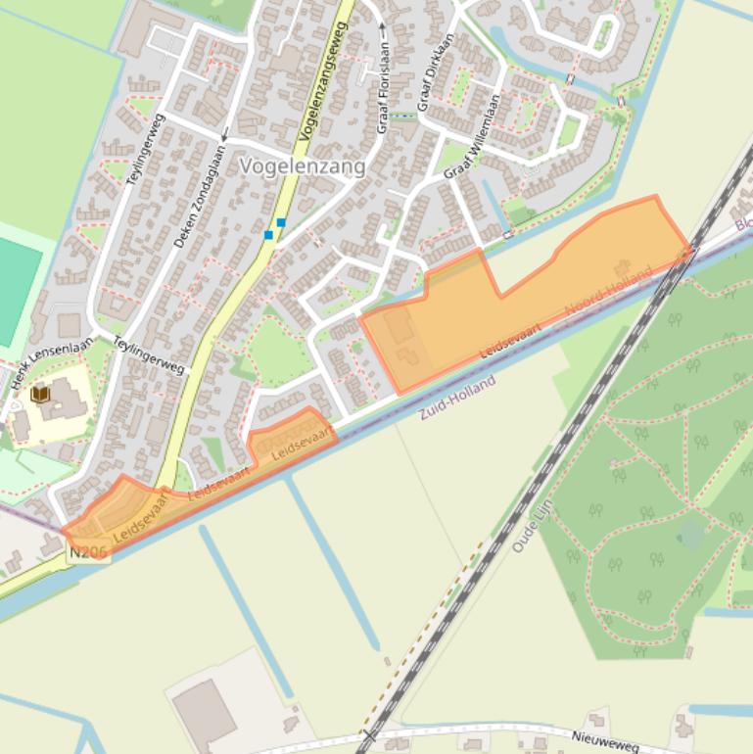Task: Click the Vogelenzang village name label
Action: point(303,166)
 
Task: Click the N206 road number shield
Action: point(88,553)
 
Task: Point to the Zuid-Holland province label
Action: point(457,398)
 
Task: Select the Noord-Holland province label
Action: point(608,292)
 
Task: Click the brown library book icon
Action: point(40,394)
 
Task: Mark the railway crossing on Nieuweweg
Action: point(369,734)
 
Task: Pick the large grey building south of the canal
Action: point(205,711)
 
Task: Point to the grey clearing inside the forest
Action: point(691,535)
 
